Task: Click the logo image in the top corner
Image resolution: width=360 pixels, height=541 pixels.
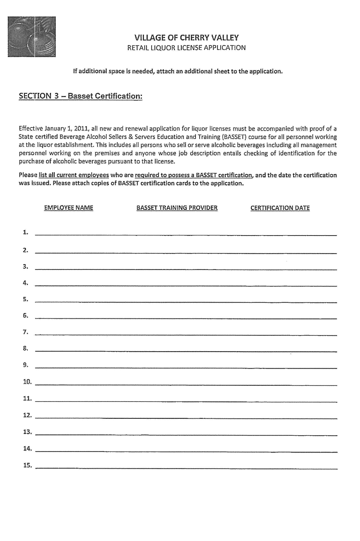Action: tap(31, 37)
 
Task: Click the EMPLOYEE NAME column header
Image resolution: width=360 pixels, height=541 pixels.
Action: tap(68, 208)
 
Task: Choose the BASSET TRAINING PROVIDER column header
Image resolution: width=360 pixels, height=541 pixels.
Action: tap(177, 208)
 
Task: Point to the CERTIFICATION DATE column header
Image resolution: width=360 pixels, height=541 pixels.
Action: tap(280, 208)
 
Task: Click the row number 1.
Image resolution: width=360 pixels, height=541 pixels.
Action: tap(26, 232)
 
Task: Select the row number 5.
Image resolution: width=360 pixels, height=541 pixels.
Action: tap(26, 299)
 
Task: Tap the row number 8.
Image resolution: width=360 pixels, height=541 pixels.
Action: tap(26, 348)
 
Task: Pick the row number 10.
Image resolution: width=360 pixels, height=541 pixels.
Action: tap(27, 382)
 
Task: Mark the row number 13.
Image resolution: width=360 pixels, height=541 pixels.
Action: tap(27, 432)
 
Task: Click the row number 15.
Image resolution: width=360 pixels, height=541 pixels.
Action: tap(27, 465)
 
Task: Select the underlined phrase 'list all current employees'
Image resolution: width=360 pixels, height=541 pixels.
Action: tap(74, 175)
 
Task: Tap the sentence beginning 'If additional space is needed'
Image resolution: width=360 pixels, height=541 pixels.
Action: tap(177, 72)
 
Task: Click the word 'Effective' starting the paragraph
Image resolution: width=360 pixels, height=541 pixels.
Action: tap(31, 129)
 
